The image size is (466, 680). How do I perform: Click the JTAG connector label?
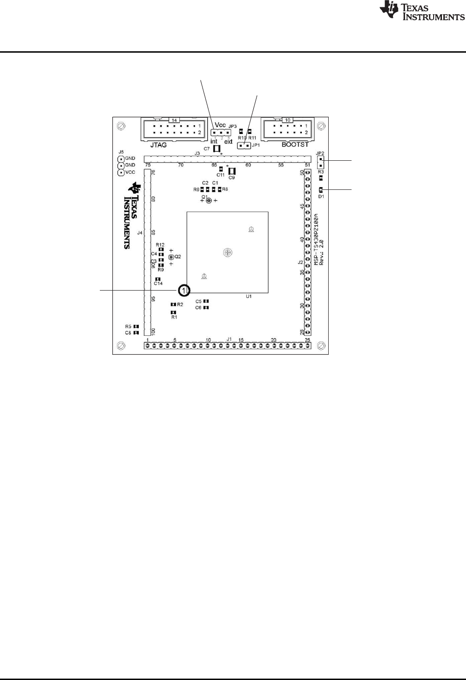[x=159, y=145]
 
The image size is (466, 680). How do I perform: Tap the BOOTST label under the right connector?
[x=295, y=145]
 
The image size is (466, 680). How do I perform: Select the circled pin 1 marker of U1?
[x=183, y=290]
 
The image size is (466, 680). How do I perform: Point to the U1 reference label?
[x=249, y=297]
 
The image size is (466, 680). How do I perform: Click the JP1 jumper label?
[x=256, y=145]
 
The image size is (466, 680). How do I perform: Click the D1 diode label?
[x=321, y=196]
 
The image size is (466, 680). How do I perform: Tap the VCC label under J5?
[x=130, y=172]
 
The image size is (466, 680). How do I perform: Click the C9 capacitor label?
[x=232, y=178]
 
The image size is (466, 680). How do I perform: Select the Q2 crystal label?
[x=178, y=257]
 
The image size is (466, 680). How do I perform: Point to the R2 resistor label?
[x=180, y=304]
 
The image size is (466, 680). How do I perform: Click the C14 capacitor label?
[x=158, y=284]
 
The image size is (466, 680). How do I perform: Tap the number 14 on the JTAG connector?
[x=174, y=120]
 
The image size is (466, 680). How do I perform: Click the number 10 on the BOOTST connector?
[x=288, y=120]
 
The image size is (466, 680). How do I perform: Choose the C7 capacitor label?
[x=207, y=149]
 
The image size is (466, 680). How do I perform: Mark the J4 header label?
[x=139, y=233]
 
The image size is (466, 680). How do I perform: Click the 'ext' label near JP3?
[x=228, y=142]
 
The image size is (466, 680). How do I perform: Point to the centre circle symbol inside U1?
[x=227, y=252]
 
